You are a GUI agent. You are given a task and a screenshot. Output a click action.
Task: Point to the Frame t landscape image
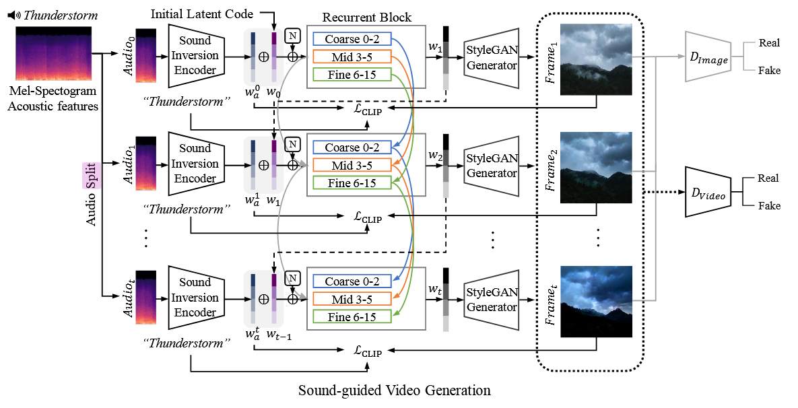(x=596, y=301)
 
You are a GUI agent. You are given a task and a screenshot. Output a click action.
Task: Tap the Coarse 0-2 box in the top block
(x=352, y=39)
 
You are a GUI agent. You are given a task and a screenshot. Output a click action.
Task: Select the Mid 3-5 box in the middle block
(x=352, y=165)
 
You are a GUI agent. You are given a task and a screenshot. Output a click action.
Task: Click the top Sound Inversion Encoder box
(x=195, y=55)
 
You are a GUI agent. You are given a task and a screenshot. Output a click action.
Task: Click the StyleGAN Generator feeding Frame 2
(x=492, y=166)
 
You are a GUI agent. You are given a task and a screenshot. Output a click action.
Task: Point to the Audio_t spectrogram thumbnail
(x=146, y=297)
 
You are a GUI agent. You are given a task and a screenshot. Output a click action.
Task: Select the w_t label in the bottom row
(x=435, y=289)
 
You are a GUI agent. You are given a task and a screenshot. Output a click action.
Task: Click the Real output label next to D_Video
(x=768, y=178)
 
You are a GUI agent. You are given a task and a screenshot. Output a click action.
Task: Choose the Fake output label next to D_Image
(x=769, y=70)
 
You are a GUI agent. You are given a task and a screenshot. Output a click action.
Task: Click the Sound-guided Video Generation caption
(x=395, y=390)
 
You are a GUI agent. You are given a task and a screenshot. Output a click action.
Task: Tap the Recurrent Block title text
(x=367, y=17)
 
